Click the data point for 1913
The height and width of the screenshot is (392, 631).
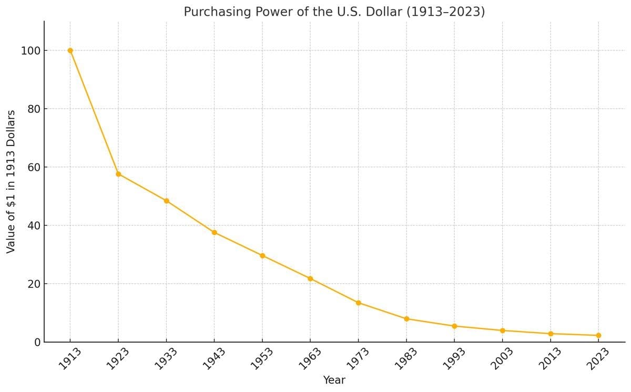[x=70, y=50]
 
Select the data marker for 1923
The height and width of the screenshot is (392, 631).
[x=118, y=174]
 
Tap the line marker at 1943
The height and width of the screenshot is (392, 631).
[x=215, y=232]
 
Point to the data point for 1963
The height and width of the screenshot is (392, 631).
[x=310, y=278]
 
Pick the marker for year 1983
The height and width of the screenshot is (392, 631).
[x=406, y=319]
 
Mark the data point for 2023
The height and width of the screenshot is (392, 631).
[x=598, y=335]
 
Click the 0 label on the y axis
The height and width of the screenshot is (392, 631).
[x=37, y=343]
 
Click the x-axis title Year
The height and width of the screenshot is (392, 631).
[x=334, y=380]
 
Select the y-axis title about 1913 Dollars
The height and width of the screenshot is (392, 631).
[x=11, y=181]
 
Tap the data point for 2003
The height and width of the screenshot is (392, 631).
[x=503, y=331]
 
